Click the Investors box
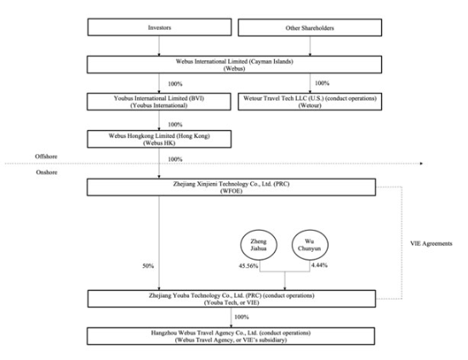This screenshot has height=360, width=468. coord(159,27)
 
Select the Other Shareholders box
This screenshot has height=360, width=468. coord(310,28)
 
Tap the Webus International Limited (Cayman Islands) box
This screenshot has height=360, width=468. coord(234,65)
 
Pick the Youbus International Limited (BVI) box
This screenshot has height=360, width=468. coord(159,101)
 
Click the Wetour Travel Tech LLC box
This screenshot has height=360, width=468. coord(310,101)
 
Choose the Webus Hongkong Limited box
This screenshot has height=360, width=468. coord(159,139)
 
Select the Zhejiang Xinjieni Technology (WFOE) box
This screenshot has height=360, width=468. coord(231,187)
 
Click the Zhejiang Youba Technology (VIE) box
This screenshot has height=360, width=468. coord(231,299)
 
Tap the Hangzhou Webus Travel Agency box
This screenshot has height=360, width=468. coord(231,336)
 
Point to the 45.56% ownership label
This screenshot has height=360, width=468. coord(248,266)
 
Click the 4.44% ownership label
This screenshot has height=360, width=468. coord(319,265)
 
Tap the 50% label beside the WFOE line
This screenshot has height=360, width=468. coord(148,266)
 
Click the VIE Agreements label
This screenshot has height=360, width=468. coord(431,243)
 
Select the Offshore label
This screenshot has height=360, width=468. coord(46,157)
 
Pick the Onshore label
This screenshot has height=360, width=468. coord(47,172)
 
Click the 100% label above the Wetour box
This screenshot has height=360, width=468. coord(322,83)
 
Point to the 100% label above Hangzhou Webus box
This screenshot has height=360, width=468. coord(242,317)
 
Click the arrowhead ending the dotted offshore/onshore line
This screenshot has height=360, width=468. coord(421,163)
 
